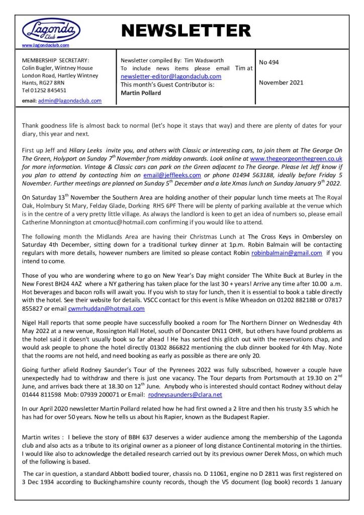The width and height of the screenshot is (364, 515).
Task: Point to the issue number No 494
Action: click(269, 63)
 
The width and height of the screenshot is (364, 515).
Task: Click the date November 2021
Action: click(281, 83)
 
